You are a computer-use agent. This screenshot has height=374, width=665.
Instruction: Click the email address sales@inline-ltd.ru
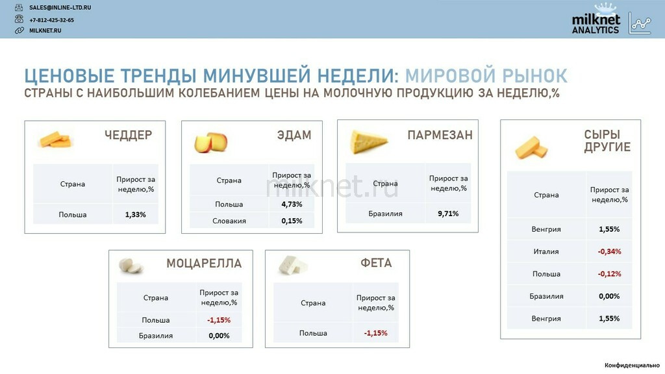(60, 8)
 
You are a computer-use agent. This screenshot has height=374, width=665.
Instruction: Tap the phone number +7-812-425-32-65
(51, 20)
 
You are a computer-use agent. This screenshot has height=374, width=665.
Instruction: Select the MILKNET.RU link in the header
(45, 31)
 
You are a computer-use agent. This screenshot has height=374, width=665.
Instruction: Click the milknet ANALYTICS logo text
(596, 24)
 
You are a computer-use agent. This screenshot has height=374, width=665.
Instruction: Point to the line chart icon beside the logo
(640, 24)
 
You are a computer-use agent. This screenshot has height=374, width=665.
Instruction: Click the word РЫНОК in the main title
(529, 75)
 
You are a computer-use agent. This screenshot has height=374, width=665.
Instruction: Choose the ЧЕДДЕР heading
(128, 135)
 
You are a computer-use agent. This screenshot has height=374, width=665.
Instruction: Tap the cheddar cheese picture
(55, 139)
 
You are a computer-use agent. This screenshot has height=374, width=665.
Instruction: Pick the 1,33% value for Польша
(135, 214)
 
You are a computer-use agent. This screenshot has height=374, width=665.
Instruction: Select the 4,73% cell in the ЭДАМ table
(292, 205)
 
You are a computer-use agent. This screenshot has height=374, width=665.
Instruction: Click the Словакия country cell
(229, 221)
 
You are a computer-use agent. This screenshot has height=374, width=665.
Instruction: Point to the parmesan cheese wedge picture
(368, 142)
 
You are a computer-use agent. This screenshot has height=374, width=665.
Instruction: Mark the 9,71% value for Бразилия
(448, 214)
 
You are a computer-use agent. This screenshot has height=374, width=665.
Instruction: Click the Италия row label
(546, 251)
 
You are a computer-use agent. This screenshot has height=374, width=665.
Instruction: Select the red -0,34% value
(609, 251)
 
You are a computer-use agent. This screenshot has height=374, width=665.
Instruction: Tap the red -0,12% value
(609, 274)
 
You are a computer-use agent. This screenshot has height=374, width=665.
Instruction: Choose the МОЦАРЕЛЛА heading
(204, 264)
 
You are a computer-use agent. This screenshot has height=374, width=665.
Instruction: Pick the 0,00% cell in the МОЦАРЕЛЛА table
(219, 336)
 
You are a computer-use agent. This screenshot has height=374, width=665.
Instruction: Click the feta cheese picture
(293, 266)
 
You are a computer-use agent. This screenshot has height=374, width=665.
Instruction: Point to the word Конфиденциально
(632, 365)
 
